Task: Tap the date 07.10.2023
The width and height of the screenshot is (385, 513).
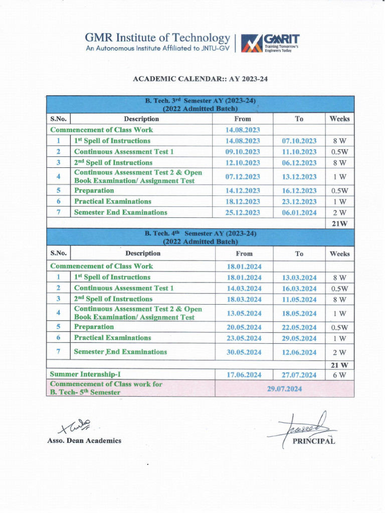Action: [x=299, y=141]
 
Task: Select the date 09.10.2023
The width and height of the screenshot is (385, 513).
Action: [x=243, y=152]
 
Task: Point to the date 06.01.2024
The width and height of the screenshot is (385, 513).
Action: [x=299, y=212]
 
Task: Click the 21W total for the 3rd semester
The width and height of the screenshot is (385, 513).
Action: [x=339, y=223]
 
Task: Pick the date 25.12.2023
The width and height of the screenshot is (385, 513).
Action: [x=243, y=212]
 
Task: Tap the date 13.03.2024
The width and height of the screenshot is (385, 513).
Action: [x=299, y=278]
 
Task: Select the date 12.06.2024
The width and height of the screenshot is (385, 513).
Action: [x=299, y=353]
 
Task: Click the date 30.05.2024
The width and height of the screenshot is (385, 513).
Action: [x=244, y=353]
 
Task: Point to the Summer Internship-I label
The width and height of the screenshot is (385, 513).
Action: [x=85, y=374]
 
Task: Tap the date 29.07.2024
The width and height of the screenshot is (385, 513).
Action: [x=284, y=389]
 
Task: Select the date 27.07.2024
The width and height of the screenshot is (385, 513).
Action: [x=299, y=375]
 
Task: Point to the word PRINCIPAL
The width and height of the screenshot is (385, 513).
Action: [x=314, y=441]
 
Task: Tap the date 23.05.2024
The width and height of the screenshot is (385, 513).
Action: [x=244, y=338]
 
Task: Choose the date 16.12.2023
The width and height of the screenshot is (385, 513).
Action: [x=299, y=191]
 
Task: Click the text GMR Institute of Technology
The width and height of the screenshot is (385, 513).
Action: [x=157, y=38]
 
